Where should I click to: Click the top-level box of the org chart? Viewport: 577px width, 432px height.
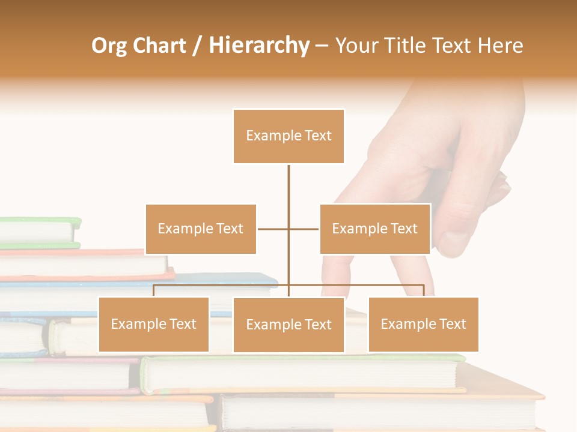288,136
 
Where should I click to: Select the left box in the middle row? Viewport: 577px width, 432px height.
201,229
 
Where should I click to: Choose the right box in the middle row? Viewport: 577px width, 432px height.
374,229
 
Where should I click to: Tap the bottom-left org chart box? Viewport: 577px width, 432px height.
154,324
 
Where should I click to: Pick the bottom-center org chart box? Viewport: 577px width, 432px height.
288,325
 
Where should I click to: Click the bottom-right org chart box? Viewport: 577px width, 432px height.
423,324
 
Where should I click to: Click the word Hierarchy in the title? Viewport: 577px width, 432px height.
259,46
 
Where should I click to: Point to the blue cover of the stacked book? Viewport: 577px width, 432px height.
252,279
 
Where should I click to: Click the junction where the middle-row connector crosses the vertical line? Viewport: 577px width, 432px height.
288,229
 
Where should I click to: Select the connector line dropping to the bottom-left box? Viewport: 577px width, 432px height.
154,290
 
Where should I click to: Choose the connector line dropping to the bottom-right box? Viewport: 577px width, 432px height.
424,290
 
